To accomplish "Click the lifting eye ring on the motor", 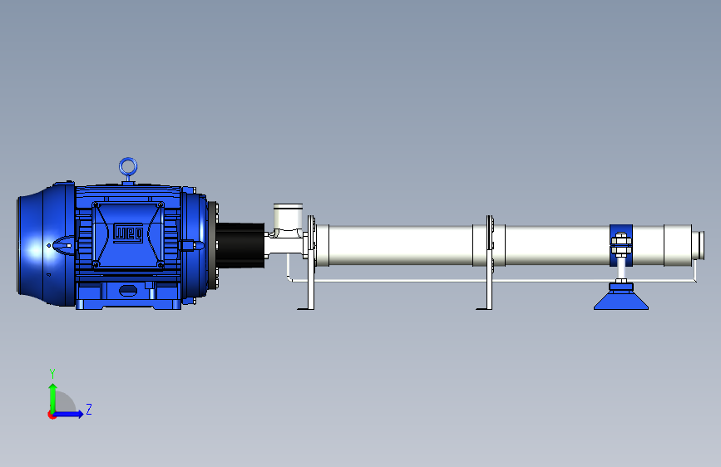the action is [128, 160].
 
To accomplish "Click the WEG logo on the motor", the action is [128, 233].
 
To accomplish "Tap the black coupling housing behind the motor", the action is [240, 245].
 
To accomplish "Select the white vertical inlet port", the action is [288, 216].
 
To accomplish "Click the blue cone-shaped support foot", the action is [621, 300].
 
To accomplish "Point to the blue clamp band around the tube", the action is [613, 245].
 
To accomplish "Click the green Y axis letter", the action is [52, 373].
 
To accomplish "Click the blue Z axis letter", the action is [89, 409].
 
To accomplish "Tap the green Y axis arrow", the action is [53, 398].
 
